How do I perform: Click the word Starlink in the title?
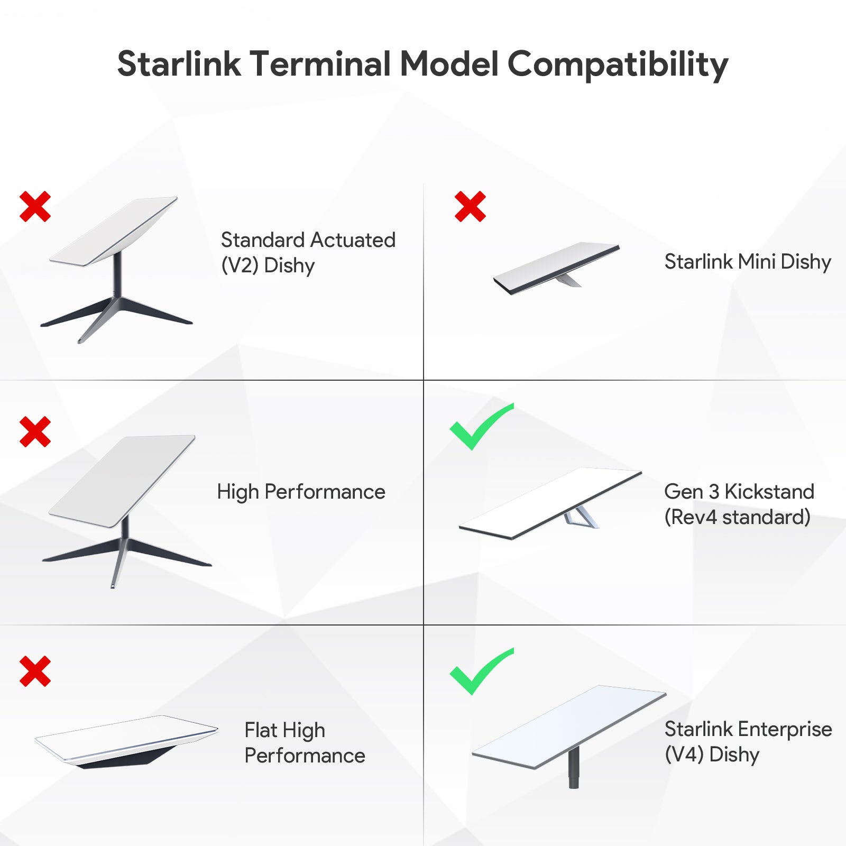(179, 65)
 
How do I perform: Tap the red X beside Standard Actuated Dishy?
(35, 206)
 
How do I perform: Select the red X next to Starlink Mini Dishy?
(470, 206)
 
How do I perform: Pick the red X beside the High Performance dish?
(35, 431)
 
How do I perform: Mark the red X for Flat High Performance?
(35, 671)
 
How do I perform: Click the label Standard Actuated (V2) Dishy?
(308, 253)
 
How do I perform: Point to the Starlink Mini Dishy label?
(747, 262)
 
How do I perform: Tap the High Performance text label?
(301, 492)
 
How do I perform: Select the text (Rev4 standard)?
(737, 517)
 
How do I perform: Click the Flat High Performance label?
(305, 742)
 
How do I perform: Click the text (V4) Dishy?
(712, 755)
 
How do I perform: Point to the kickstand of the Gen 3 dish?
(582, 517)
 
